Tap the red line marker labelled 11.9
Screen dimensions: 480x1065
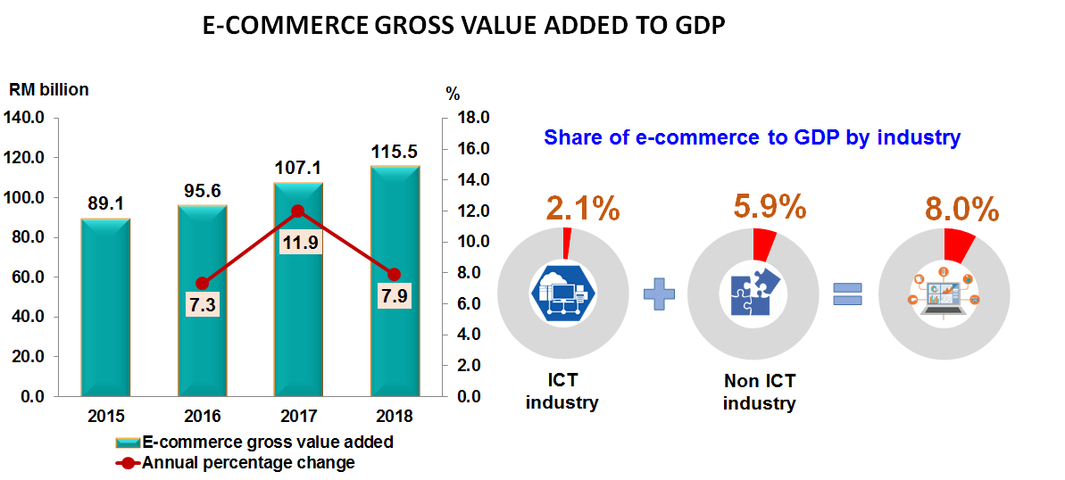click(298, 211)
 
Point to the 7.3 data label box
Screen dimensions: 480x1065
click(202, 305)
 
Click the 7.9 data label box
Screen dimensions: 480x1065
click(395, 295)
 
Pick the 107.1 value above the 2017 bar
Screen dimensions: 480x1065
click(298, 169)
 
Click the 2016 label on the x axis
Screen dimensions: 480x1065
click(203, 416)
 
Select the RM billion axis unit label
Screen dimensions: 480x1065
click(49, 89)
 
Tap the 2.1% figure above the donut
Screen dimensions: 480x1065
click(581, 209)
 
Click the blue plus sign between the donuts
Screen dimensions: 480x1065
click(659, 294)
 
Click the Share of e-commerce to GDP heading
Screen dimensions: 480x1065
click(752, 137)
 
